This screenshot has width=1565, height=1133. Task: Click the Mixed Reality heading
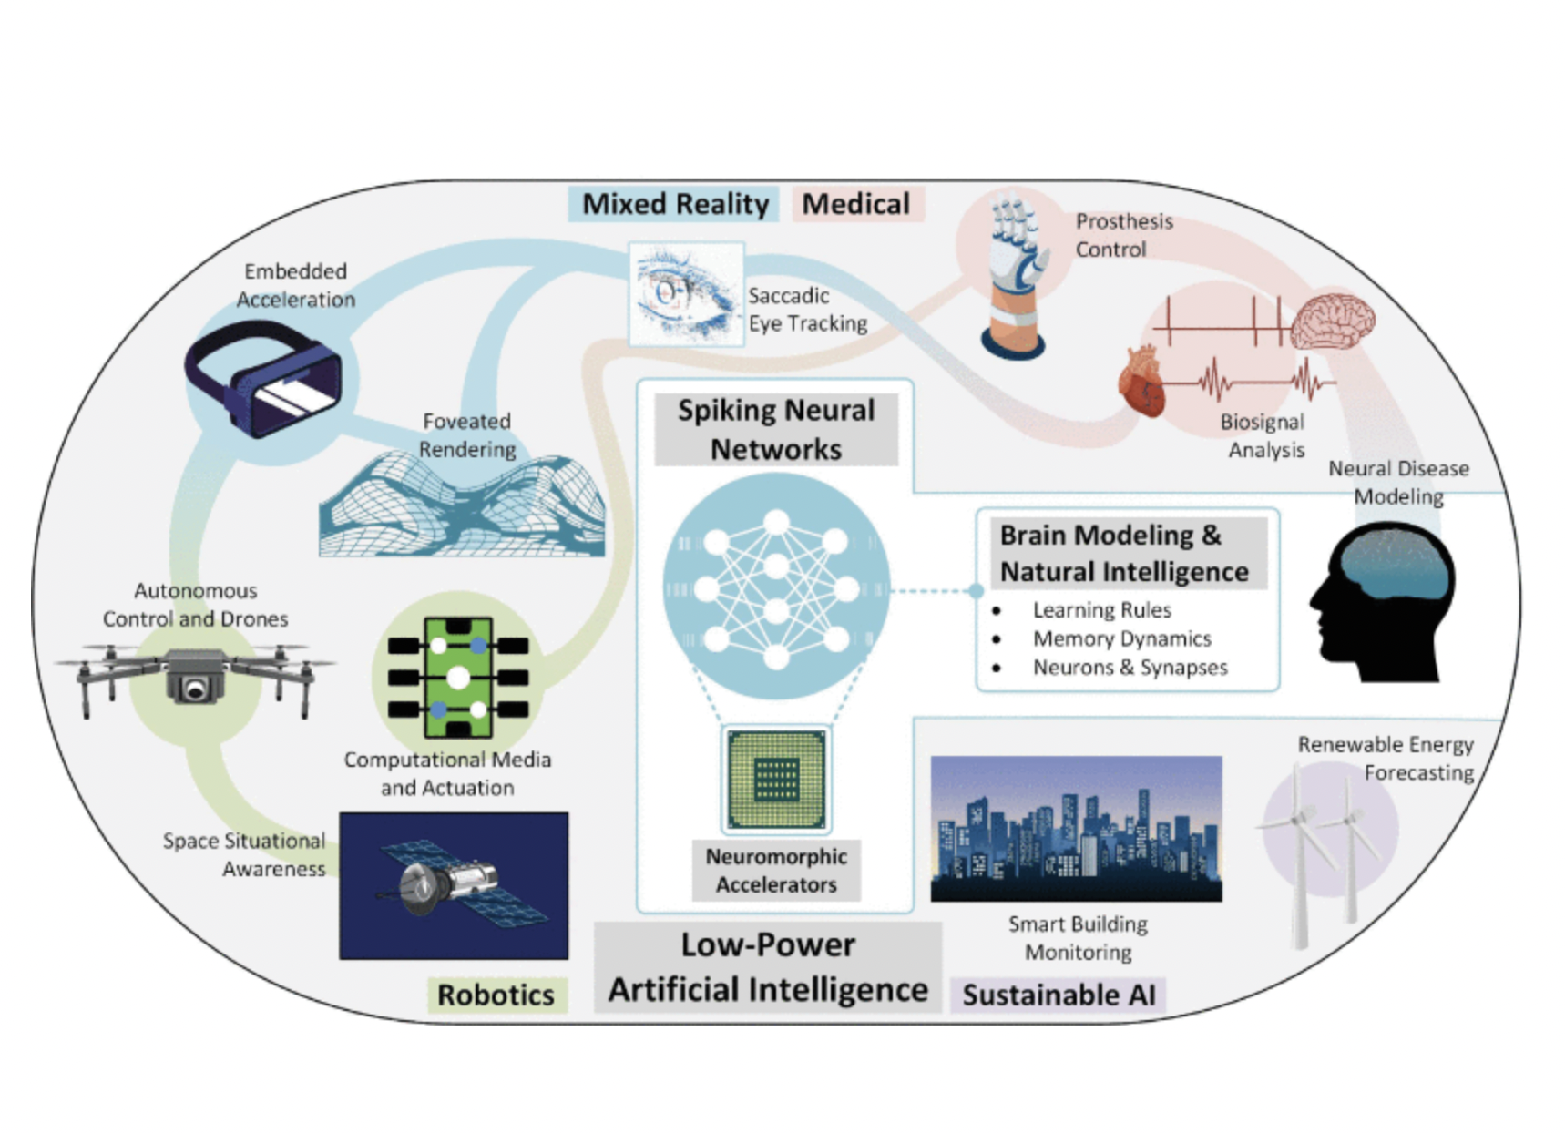coord(675,204)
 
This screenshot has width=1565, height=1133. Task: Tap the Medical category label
coord(855,204)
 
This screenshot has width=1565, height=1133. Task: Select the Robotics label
coord(496,995)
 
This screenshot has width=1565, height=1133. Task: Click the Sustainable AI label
coord(1059,995)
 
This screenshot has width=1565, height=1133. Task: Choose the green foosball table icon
coord(458,678)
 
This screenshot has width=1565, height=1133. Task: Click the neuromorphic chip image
coord(776,779)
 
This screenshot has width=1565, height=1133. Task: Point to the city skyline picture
coord(1076,829)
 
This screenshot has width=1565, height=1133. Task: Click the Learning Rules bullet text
coord(1101,610)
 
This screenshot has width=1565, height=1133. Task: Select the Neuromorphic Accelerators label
coord(776,871)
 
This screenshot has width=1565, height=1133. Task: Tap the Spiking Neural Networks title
coord(776,430)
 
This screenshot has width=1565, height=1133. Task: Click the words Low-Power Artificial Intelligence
coord(768,967)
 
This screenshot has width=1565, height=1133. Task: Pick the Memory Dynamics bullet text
coord(1121,639)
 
